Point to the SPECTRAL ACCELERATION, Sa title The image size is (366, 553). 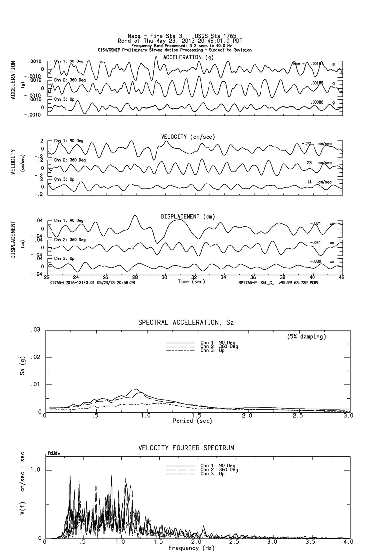coord(186,323)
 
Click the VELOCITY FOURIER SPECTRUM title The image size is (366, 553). coord(186,448)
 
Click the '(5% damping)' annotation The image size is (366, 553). coord(306,337)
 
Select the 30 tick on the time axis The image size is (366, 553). coord(164,277)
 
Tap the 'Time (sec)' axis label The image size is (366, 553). coord(191,282)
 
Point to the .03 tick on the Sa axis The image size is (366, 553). coord(35,330)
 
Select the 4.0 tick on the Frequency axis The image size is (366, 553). coord(348,543)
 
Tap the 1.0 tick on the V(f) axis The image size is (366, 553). coord(35,470)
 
